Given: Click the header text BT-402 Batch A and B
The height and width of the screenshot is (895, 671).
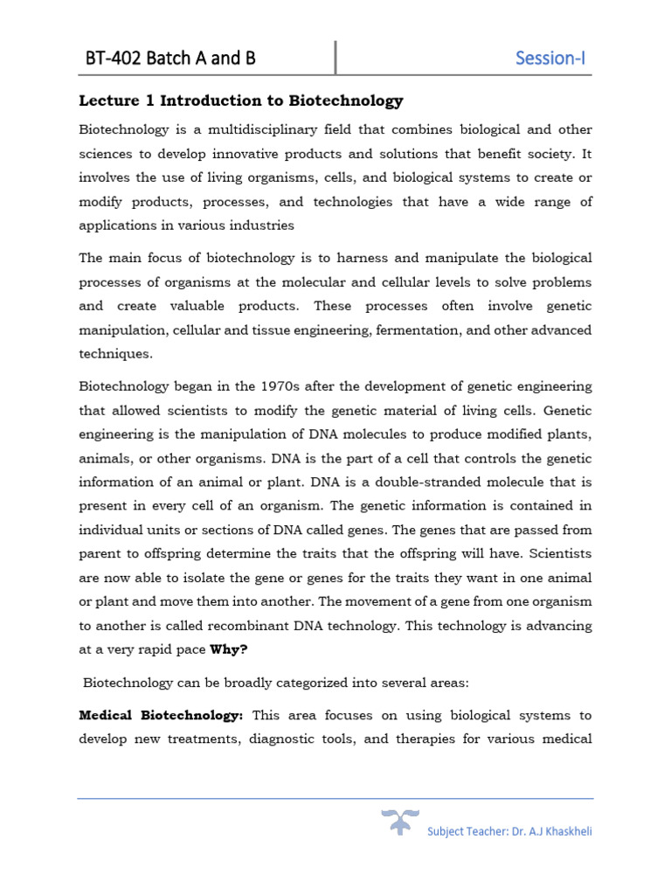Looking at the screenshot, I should click(170, 59).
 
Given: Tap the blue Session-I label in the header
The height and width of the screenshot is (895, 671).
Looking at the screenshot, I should click(550, 59).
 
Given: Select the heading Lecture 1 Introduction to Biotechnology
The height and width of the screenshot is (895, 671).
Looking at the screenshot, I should click(241, 101).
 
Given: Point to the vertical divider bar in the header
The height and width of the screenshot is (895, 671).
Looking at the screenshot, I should click(336, 58).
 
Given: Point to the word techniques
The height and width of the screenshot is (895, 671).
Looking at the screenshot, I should click(115, 354).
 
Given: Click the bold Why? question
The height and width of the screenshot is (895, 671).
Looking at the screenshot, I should click(230, 650).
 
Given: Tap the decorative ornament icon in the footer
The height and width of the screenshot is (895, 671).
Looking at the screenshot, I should click(399, 823).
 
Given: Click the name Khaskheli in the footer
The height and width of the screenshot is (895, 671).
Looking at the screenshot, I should click(565, 831).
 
